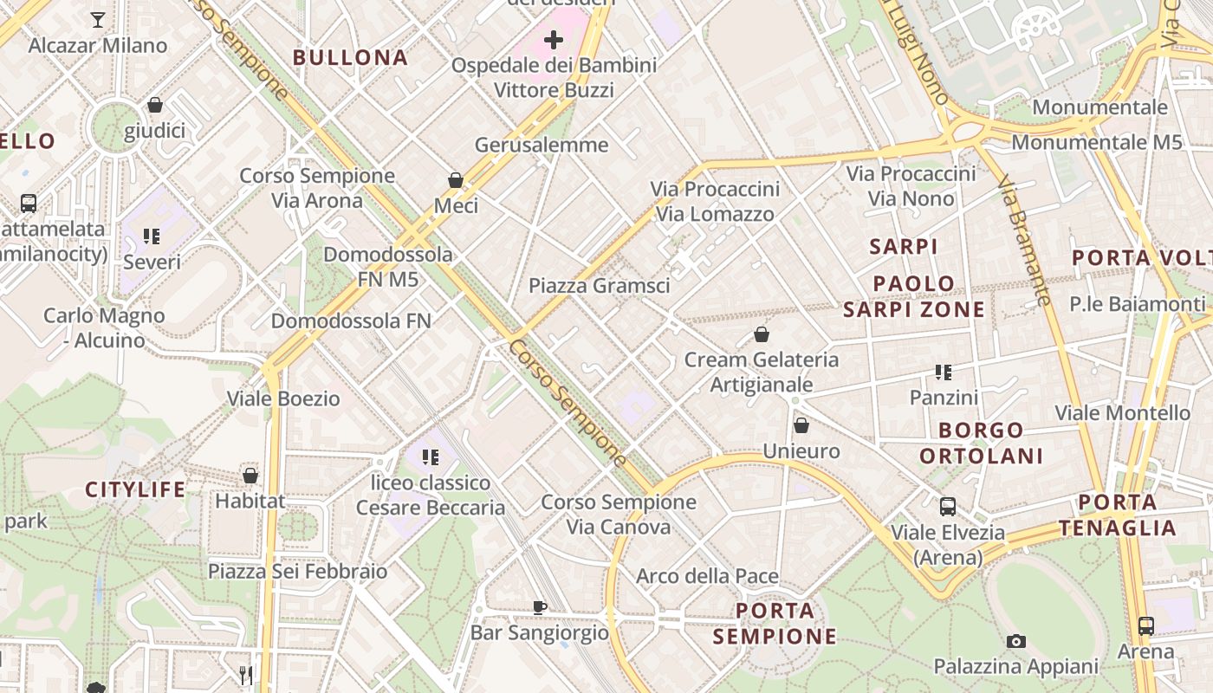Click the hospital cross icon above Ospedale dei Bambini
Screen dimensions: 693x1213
(554, 40)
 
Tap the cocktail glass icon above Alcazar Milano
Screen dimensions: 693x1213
(98, 19)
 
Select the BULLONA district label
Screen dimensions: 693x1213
(350, 58)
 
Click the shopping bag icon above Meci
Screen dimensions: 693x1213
(456, 180)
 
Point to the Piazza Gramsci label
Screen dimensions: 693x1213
(599, 285)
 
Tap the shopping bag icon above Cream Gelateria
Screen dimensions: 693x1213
(762, 334)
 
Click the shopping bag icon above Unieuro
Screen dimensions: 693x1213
(801, 425)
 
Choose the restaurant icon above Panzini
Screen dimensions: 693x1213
(944, 372)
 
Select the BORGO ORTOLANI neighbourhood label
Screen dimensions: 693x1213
(981, 443)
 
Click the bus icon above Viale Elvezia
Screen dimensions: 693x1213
(948, 507)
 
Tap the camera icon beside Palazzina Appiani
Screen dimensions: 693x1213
(1016, 642)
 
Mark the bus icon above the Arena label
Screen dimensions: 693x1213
(1145, 625)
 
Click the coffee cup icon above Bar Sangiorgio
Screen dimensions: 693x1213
(540, 607)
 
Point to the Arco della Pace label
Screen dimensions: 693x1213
(707, 576)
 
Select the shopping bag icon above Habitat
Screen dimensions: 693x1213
(250, 476)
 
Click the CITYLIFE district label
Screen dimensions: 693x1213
(135, 490)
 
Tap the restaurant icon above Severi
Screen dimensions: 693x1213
(152, 236)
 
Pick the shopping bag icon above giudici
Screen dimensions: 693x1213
(155, 106)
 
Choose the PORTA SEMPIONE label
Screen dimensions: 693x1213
(775, 623)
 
